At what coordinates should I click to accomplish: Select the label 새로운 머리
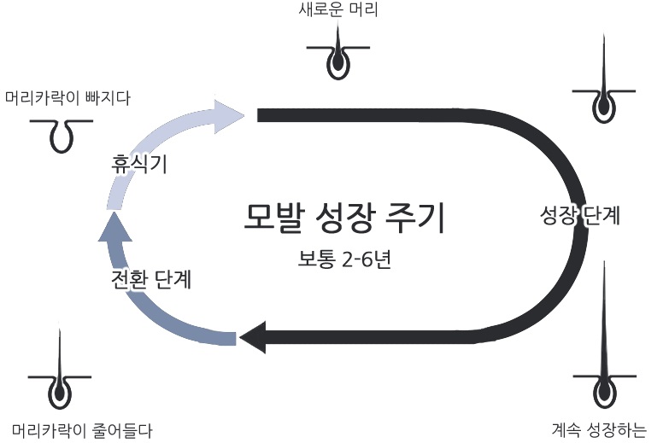tap(339, 11)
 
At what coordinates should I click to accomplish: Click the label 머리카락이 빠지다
tap(67, 97)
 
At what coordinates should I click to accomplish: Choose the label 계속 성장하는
tap(599, 428)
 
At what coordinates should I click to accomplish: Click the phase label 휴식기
tap(138, 163)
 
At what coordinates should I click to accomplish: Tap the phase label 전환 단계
tap(150, 279)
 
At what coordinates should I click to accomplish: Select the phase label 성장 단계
tap(580, 214)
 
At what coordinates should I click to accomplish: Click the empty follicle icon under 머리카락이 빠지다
tap(61, 133)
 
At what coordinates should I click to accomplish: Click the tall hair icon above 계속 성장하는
tap(604, 358)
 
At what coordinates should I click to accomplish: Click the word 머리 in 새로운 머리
tap(363, 11)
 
